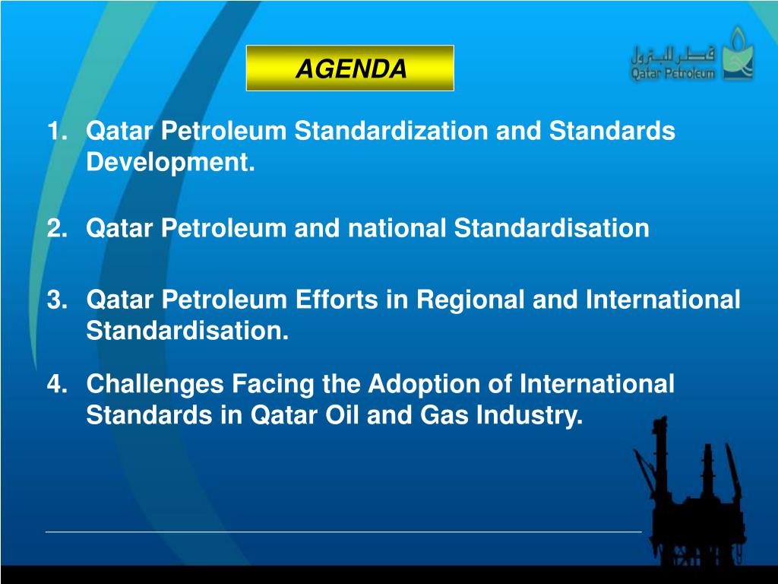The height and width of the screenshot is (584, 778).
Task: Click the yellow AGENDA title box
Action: pos(350,68)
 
